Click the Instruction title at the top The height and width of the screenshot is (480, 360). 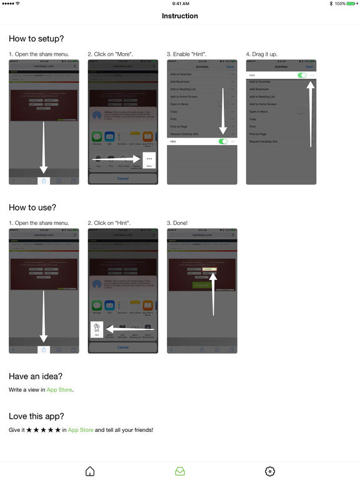180,16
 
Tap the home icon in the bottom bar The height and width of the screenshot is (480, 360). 90,471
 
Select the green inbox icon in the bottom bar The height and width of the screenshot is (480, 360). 180,471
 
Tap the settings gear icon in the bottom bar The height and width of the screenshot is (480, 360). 270,471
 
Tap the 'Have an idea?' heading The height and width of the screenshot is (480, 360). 35,376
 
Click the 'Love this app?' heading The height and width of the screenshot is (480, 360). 36,416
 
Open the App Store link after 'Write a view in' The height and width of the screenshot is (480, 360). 59,390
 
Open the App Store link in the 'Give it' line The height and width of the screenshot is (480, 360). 81,430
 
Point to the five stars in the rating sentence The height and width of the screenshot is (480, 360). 44,430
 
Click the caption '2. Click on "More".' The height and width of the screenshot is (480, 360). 111,54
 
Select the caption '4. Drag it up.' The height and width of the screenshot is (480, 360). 265,54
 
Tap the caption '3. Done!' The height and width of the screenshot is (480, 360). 179,222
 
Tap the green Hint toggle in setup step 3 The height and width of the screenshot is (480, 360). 223,142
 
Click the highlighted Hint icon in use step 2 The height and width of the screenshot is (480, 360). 97,329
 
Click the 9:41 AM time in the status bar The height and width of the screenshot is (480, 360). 180,4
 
